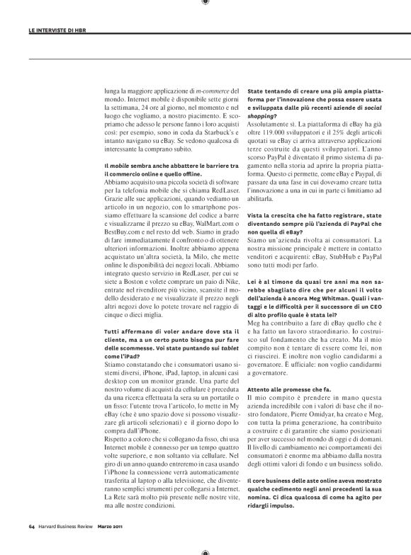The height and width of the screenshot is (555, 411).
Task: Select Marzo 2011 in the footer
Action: coord(112,527)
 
